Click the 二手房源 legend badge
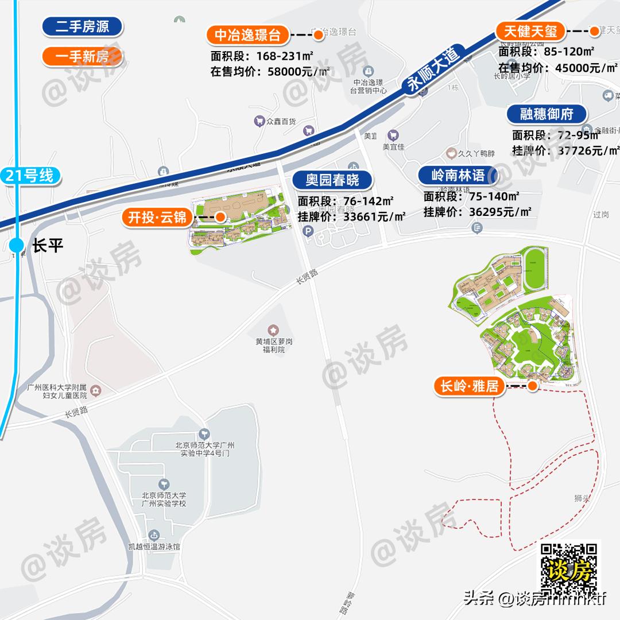[83, 26]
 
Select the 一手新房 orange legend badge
[83, 57]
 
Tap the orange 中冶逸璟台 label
[247, 36]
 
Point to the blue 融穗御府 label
[547, 114]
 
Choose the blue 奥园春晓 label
[332, 180]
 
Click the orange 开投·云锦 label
[157, 218]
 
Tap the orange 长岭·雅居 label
[469, 386]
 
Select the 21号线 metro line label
[30, 176]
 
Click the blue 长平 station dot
[17, 246]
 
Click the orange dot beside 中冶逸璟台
[318, 36]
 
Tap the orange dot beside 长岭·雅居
[533, 386]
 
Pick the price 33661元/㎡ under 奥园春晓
[375, 217]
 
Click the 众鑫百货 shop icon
[259, 121]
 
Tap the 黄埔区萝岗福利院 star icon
[274, 330]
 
